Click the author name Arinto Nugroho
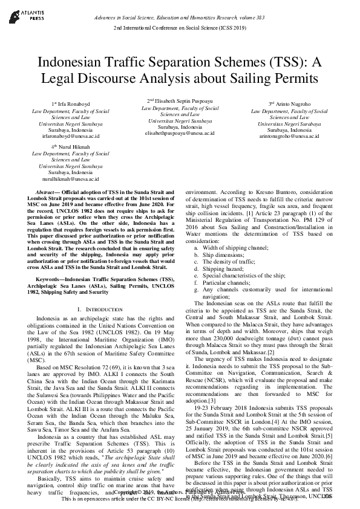[x=292, y=105]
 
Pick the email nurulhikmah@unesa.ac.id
[x=67, y=179]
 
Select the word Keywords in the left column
[x=50, y=279]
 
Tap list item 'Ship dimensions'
[x=224, y=254]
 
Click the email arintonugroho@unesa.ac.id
[x=289, y=137]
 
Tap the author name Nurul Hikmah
[x=67, y=147]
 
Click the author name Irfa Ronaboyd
[x=67, y=105]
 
